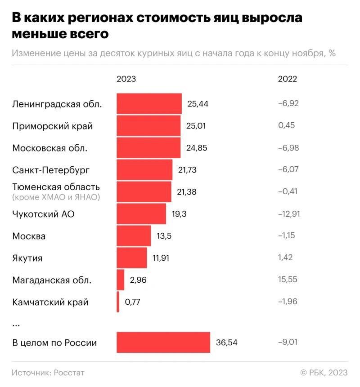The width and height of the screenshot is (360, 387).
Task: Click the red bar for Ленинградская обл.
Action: [149, 104]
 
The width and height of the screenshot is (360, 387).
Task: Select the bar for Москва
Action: [134, 236]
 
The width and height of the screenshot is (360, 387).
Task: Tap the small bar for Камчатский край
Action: [118, 302]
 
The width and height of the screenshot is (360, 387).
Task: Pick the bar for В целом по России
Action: [163, 343]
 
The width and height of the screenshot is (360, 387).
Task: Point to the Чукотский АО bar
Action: [141, 214]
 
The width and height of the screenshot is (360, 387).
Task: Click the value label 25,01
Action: [196, 126]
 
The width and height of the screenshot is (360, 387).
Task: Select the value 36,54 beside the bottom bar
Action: [226, 343]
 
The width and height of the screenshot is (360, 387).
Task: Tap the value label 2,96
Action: [138, 280]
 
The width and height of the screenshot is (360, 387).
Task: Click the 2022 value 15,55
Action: [288, 280]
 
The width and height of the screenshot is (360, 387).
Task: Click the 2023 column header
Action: [126, 79]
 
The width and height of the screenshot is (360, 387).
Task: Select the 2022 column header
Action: [288, 79]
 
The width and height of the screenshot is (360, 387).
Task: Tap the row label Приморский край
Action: [53, 126]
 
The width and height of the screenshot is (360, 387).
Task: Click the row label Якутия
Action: [27, 258]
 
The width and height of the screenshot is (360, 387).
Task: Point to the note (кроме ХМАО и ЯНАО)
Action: [56, 197]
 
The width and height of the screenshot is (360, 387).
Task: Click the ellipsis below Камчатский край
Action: [16, 324]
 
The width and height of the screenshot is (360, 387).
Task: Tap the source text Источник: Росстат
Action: [48, 373]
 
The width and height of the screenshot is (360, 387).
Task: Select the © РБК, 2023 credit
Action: [324, 373]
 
